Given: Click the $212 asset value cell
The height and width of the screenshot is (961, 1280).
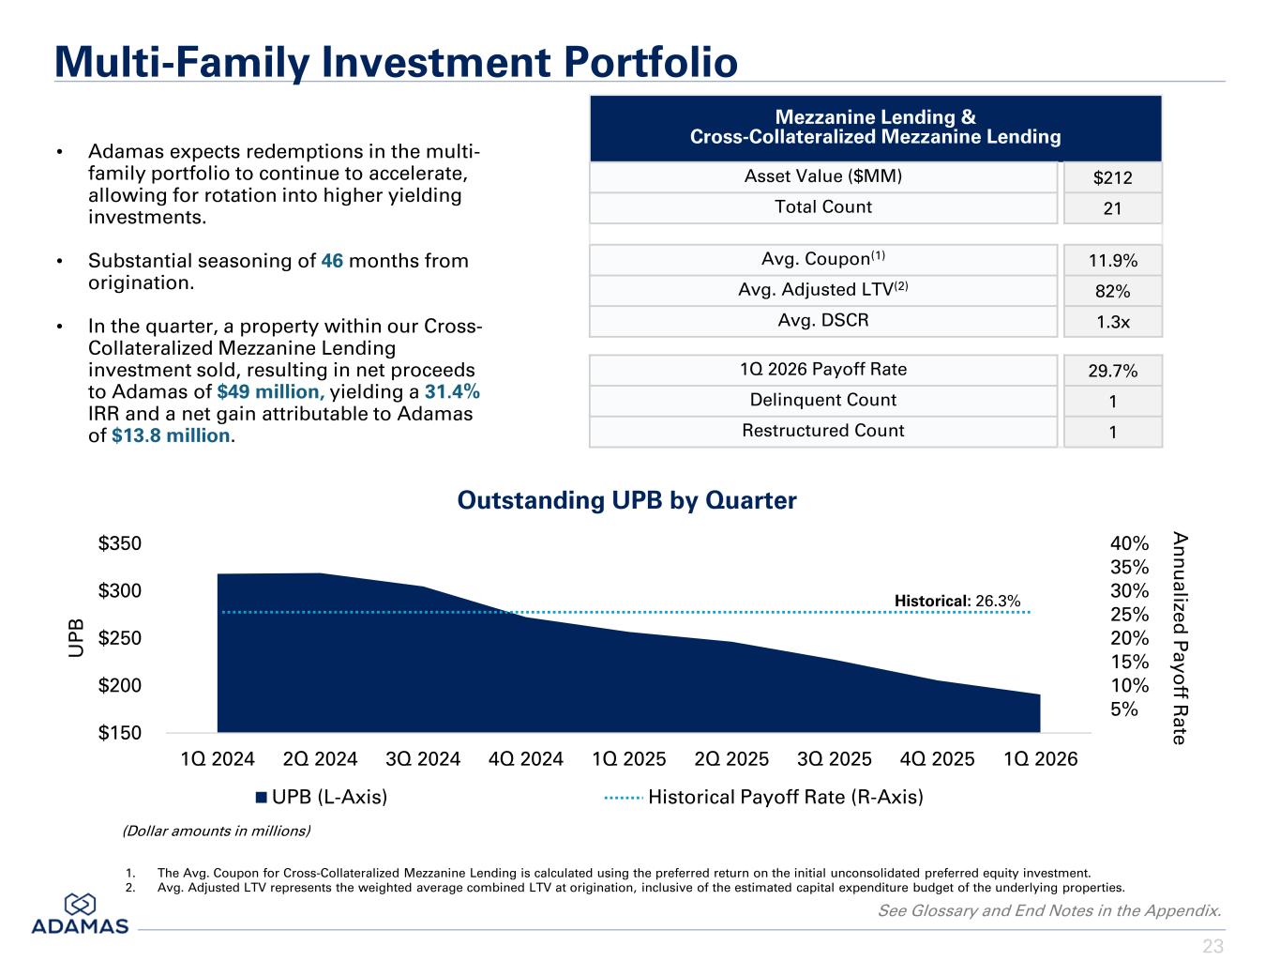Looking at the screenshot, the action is (x=1112, y=177).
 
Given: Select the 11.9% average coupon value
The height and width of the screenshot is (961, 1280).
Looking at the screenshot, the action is (x=1113, y=260).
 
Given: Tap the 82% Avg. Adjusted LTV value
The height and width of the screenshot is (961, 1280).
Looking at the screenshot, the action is (x=1112, y=291).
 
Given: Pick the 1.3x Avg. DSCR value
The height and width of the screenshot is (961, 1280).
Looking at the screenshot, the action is (x=1113, y=322).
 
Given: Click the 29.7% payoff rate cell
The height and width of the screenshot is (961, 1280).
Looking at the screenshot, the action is (x=1113, y=371).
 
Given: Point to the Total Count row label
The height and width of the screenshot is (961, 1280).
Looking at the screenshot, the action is (x=822, y=206).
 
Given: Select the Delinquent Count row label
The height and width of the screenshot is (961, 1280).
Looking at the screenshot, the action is (x=822, y=400).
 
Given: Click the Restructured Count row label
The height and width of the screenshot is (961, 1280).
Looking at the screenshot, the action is (x=822, y=430).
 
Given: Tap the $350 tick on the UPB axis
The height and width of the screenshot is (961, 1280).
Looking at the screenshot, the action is (x=119, y=543).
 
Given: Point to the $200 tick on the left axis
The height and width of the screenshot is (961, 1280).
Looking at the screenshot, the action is (x=119, y=685).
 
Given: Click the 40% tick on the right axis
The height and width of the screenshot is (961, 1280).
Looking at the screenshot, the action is (x=1129, y=543).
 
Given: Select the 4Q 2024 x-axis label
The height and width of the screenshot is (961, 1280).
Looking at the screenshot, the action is (x=525, y=759).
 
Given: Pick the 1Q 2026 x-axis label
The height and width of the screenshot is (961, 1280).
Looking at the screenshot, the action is (x=1040, y=759).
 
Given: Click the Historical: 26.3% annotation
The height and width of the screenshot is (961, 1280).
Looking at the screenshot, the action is (x=956, y=601).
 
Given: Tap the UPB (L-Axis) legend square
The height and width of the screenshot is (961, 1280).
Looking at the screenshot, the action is (x=262, y=798).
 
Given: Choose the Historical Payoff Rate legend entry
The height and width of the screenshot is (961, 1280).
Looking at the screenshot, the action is (x=764, y=797).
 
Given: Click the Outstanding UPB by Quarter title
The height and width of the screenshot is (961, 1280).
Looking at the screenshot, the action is (x=626, y=500).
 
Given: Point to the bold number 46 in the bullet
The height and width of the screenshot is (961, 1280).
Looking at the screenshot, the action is (x=332, y=260).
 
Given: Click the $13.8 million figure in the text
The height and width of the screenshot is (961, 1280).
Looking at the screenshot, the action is (x=171, y=435).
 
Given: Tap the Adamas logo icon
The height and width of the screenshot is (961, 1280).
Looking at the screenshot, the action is (x=80, y=905).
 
